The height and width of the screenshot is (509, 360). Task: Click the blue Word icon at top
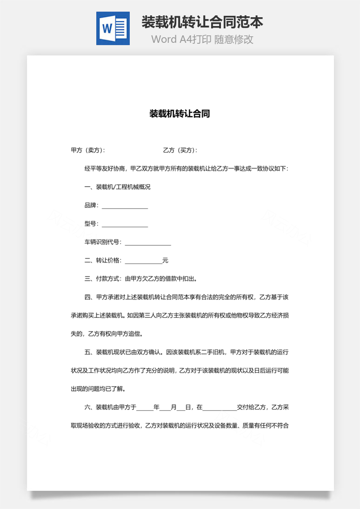click(113, 28)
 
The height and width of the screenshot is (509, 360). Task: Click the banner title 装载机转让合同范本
click(202, 22)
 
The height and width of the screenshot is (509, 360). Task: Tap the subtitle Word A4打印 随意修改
click(202, 40)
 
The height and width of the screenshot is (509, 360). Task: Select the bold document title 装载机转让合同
click(180, 114)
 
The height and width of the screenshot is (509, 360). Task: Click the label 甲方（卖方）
click(87, 150)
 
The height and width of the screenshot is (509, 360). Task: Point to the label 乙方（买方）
click(180, 150)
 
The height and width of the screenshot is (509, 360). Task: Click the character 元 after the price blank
click(165, 261)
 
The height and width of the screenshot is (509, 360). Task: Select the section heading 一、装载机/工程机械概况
click(117, 187)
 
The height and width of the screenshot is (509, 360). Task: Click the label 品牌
click(90, 205)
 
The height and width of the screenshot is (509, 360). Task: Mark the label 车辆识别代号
click(102, 242)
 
